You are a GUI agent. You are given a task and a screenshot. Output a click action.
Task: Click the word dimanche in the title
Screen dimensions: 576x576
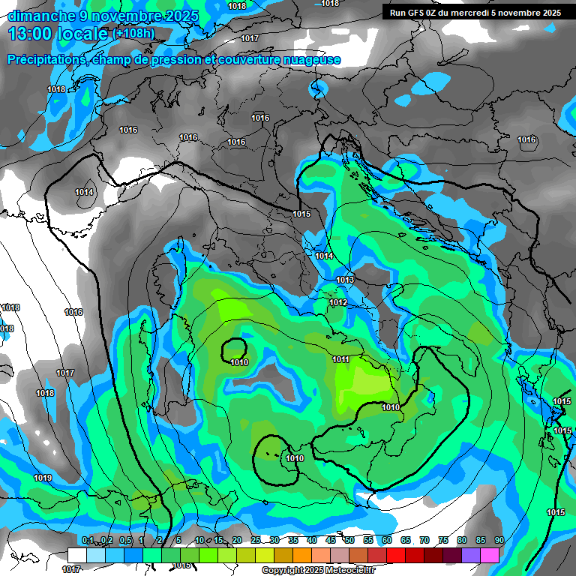(x=40, y=16)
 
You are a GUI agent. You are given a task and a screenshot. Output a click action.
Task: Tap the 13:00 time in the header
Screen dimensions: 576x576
(x=31, y=34)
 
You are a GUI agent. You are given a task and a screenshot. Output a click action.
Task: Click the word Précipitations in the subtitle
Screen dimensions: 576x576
(x=44, y=59)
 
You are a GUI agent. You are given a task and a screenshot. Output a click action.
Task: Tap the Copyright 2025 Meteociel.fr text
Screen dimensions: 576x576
(x=319, y=570)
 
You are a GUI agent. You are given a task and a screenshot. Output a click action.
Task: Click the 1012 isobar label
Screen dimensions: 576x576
(x=338, y=302)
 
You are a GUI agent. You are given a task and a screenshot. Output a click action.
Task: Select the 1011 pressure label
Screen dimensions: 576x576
(x=341, y=359)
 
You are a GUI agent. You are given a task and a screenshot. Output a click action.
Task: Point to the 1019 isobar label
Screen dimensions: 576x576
(x=43, y=478)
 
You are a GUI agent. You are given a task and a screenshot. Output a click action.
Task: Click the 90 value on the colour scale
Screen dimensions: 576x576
(x=499, y=541)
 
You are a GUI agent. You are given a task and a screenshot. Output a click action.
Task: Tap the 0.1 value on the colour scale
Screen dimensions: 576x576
(x=88, y=541)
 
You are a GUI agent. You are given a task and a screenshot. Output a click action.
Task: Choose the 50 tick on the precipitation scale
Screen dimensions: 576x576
(x=349, y=541)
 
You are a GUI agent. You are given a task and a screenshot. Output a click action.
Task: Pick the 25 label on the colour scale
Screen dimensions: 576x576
(x=256, y=541)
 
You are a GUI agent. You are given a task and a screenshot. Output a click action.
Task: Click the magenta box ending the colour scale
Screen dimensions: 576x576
(x=490, y=554)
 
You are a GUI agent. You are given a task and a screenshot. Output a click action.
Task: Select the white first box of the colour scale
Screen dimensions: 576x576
(x=77, y=554)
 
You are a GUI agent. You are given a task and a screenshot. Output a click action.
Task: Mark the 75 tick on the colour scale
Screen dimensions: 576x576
(x=443, y=541)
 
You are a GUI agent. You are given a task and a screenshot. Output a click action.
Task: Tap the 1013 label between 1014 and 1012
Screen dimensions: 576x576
(x=345, y=280)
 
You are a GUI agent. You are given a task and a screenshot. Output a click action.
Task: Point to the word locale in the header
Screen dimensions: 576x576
(x=85, y=34)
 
